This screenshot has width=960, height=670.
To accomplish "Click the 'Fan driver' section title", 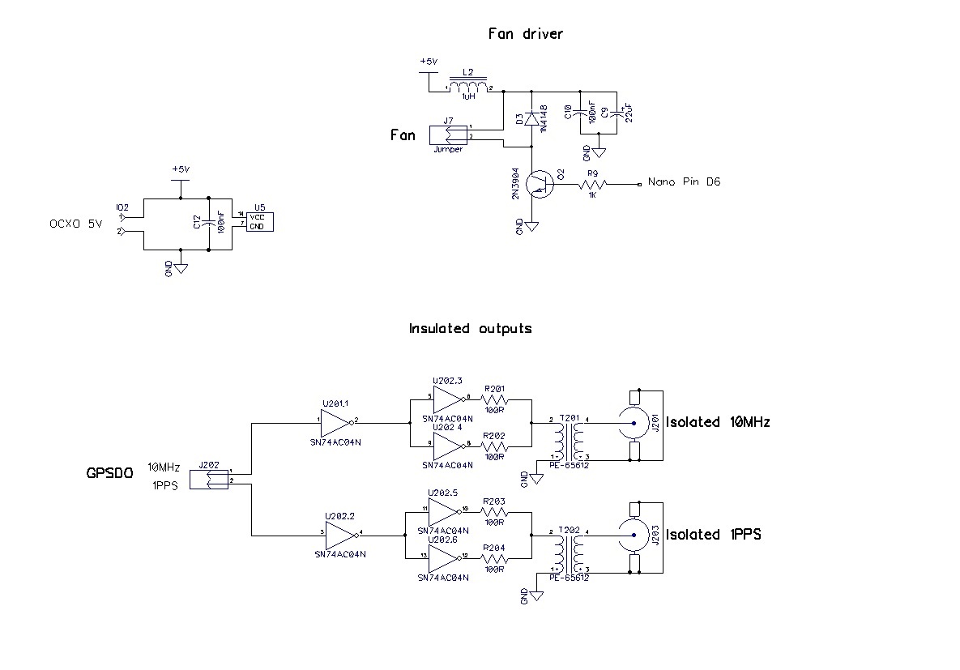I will pyautogui.click(x=525, y=34).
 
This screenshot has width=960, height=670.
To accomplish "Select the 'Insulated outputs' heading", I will pyautogui.click(x=470, y=328).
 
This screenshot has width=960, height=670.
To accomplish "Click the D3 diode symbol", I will pyautogui.click(x=531, y=119).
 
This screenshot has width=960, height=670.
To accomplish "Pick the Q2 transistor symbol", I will pyautogui.click(x=537, y=185).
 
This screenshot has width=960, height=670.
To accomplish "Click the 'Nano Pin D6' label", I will pyautogui.click(x=684, y=182).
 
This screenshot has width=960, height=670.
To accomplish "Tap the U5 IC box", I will pyautogui.click(x=259, y=221).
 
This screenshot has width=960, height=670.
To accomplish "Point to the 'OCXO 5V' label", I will pyautogui.click(x=76, y=224).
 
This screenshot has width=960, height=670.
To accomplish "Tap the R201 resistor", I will pyautogui.click(x=494, y=400).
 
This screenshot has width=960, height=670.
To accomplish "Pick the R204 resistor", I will pyautogui.click(x=494, y=558).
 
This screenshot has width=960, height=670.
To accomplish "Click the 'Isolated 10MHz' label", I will pyautogui.click(x=715, y=422).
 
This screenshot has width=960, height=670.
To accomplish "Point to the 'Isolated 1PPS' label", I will pyautogui.click(x=712, y=535).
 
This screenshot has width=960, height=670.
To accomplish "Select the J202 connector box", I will pyautogui.click(x=209, y=478).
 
